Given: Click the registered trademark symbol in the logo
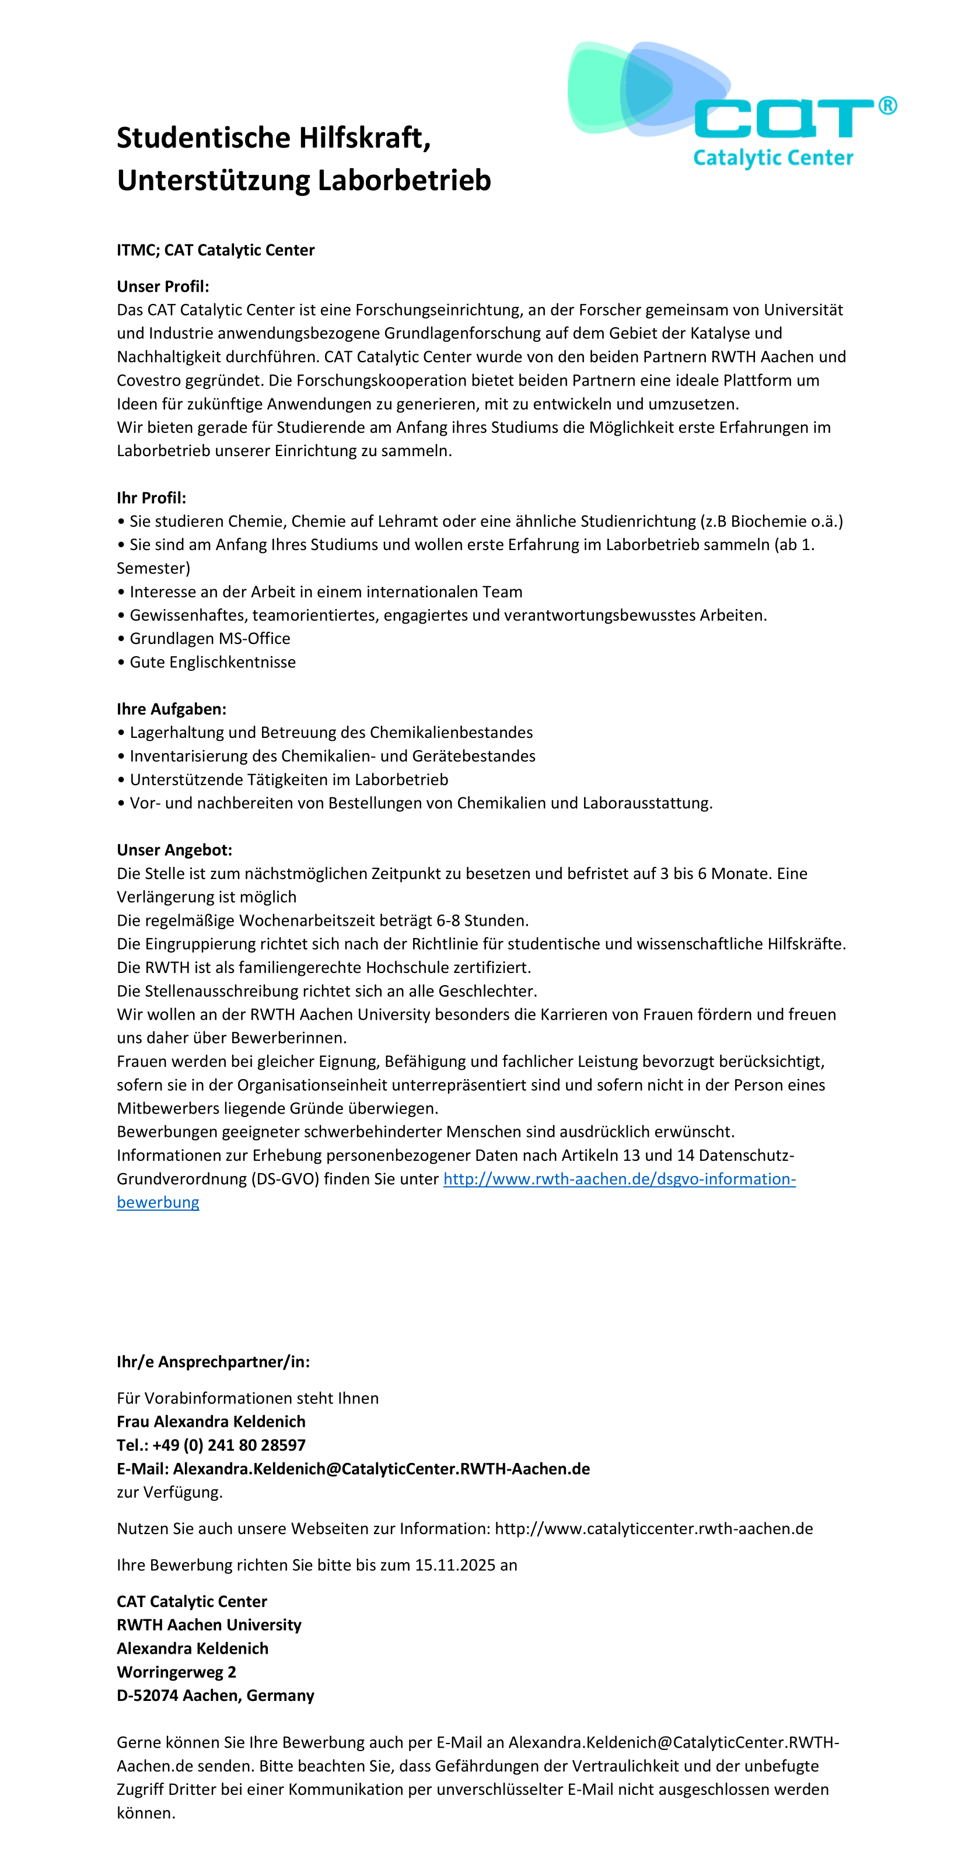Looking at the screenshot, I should coord(887,106).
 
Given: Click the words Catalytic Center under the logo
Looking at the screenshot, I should coord(773,158).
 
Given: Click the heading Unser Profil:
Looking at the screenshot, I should coord(163,286).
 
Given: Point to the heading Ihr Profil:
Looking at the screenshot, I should coord(152,498).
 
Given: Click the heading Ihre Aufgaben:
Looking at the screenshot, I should coord(172,709).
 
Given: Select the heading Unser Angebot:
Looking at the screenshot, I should coord(174,850).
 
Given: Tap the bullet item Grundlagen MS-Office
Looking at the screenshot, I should coord(209,638).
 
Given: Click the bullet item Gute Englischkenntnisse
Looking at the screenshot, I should coord(212,662).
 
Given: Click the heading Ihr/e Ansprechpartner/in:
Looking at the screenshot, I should coord(213,1362).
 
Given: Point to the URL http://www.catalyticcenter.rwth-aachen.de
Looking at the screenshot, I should coord(653,1528).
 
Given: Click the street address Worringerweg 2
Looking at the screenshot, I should coord(176,1672).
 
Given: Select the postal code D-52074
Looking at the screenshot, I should coord(147,1695).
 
